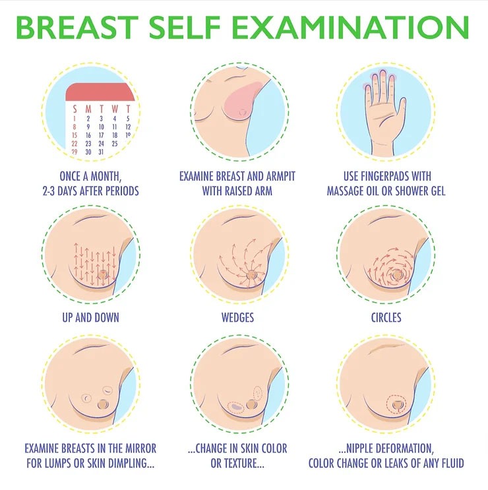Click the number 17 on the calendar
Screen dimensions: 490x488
click(x=115, y=135)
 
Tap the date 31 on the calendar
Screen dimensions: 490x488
click(x=101, y=152)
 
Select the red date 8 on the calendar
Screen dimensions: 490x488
click(x=75, y=126)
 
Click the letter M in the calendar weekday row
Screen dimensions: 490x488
click(x=88, y=108)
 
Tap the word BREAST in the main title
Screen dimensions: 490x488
click(x=89, y=28)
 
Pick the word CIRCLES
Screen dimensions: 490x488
click(x=386, y=317)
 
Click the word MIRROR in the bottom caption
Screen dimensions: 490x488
click(x=137, y=448)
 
